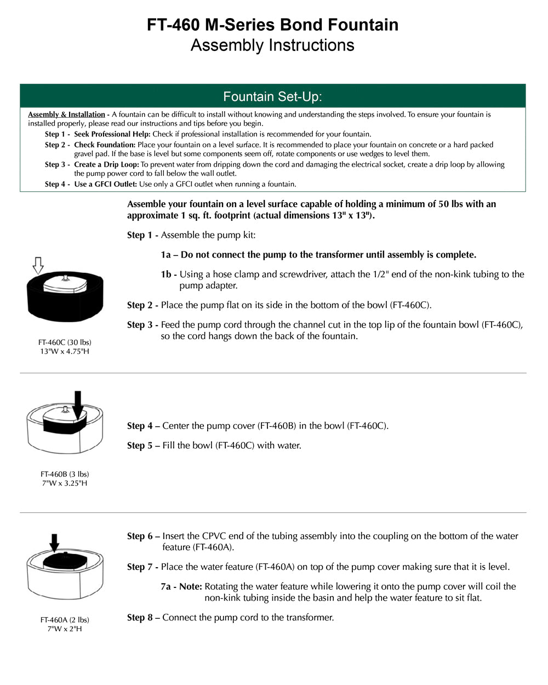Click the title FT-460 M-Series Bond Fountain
tap(272, 25)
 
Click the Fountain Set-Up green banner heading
tap(272, 97)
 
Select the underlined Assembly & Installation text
tap(66, 115)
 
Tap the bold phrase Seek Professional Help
tap(112, 134)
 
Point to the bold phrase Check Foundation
tap(104, 145)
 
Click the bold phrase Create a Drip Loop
tap(106, 164)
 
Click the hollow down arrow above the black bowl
tap(38, 266)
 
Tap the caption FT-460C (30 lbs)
tap(65, 342)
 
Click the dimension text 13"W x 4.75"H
tap(65, 351)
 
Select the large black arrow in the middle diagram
tap(78, 404)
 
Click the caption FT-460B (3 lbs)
tap(65, 474)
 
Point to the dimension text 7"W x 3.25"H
tap(65, 483)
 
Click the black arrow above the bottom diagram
tap(54, 543)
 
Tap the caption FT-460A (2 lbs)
tap(65, 620)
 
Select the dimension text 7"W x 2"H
tap(65, 629)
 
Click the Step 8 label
tap(142, 618)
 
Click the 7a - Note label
tap(181, 586)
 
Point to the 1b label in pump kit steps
tap(168, 275)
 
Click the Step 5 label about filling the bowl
tap(142, 446)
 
